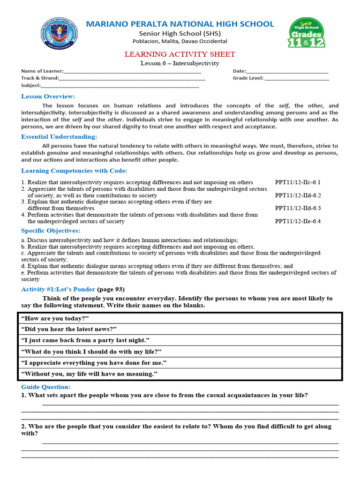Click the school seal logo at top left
pyautogui.click(x=59, y=34)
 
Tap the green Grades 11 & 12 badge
pyautogui.click(x=307, y=33)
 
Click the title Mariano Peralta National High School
pyautogui.click(x=180, y=24)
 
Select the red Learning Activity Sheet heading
pyautogui.click(x=180, y=54)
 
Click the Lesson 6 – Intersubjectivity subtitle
pyautogui.click(x=180, y=63)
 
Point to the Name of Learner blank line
pyautogui.click(x=132, y=72)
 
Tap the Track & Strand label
pyautogui.click(x=40, y=79)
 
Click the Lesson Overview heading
pyautogui.click(x=48, y=97)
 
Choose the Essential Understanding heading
pyautogui.click(x=59, y=137)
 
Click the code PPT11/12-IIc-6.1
pyautogui.click(x=298, y=182)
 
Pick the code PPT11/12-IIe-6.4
pyautogui.click(x=298, y=221)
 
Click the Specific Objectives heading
pyautogui.click(x=51, y=231)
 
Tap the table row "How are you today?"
pyautogui.click(x=180, y=318)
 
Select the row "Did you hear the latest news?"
pyautogui.click(x=180, y=330)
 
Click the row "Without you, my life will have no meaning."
pyautogui.click(x=180, y=374)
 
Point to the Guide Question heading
pyautogui.click(x=46, y=387)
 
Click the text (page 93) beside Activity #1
pyautogui.click(x=111, y=289)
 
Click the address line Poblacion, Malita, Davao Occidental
pyautogui.click(x=180, y=42)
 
